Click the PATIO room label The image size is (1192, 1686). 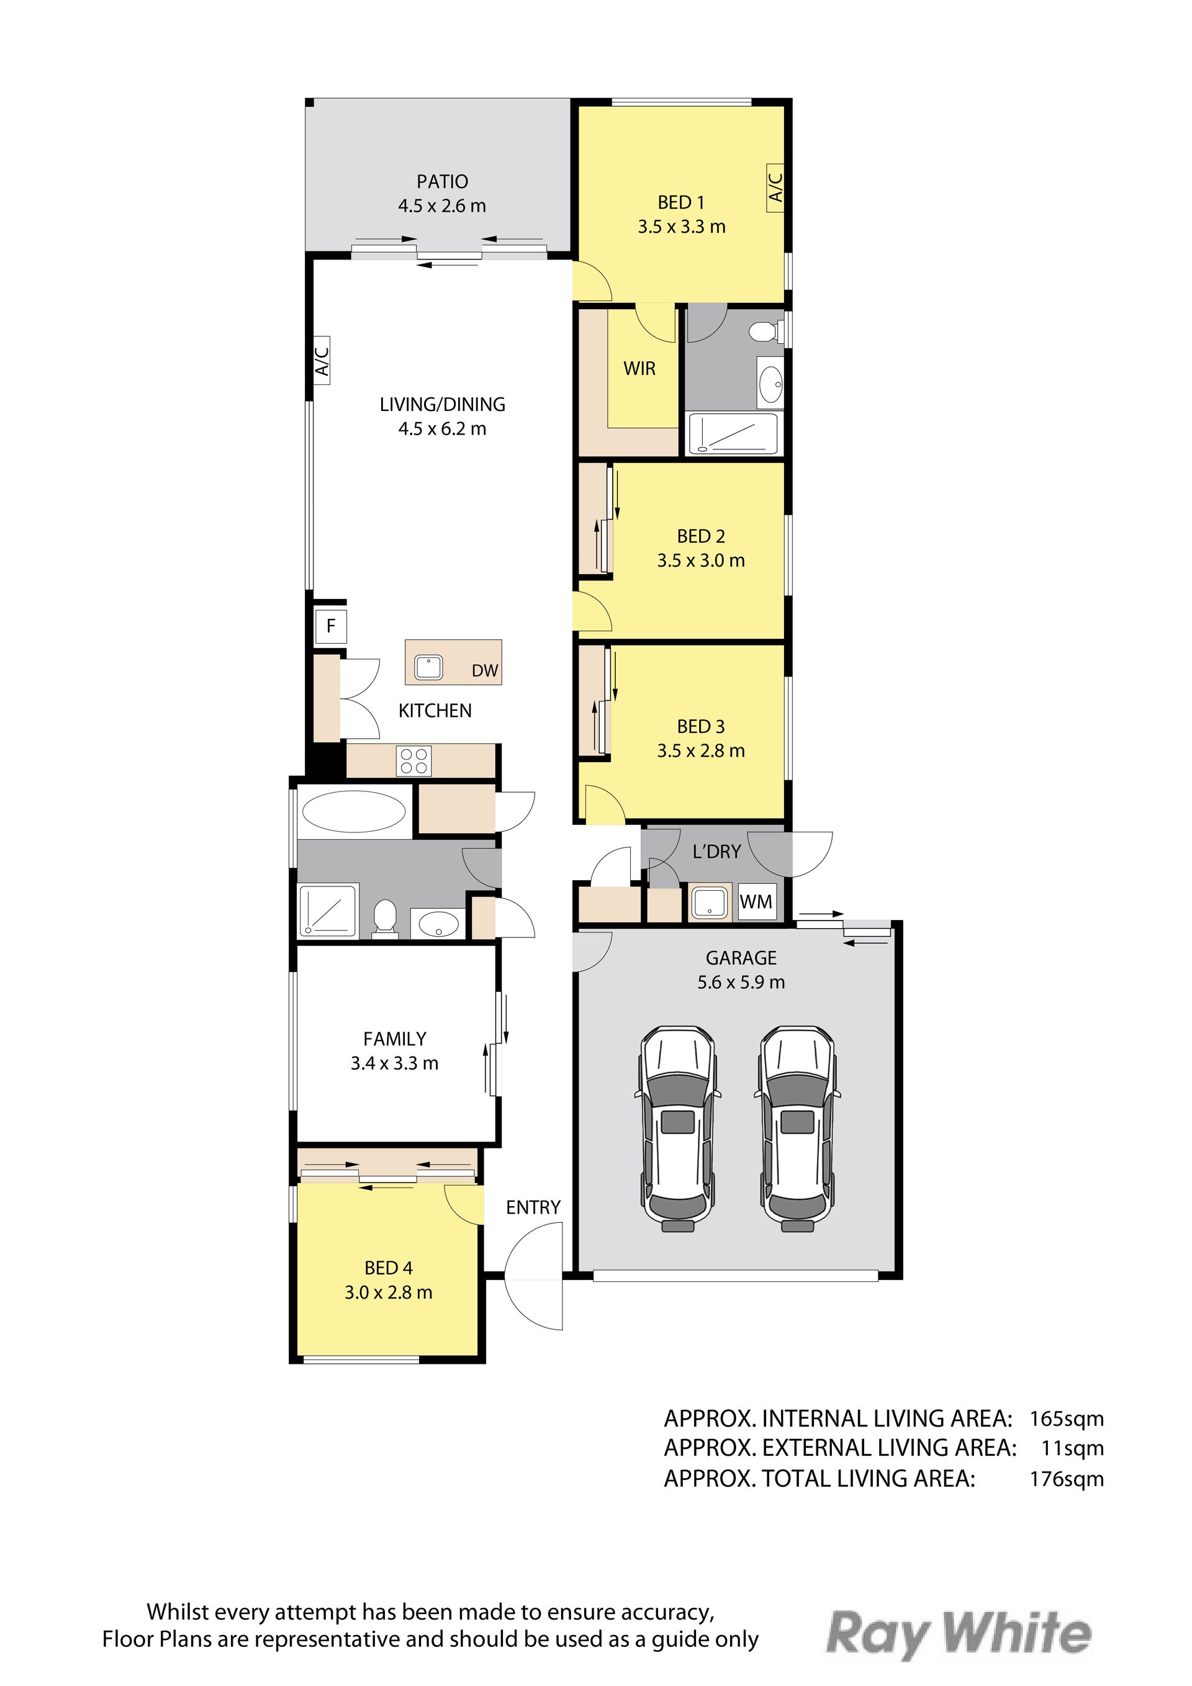click(x=442, y=181)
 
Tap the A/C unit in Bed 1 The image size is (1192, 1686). click(x=775, y=188)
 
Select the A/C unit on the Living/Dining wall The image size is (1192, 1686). click(x=322, y=361)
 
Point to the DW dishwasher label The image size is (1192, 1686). click(x=485, y=670)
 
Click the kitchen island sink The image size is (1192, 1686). click(x=428, y=667)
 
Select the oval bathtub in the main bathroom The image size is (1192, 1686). click(x=354, y=812)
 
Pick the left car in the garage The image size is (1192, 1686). click(x=678, y=1129)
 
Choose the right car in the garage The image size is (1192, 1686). click(x=797, y=1129)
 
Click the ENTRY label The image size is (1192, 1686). click(x=533, y=1207)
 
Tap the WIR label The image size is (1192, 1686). click(x=639, y=369)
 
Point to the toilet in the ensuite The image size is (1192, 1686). click(x=764, y=333)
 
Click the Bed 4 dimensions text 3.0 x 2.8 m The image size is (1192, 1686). click(x=389, y=1292)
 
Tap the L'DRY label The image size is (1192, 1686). click(x=717, y=852)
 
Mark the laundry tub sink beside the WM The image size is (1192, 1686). click(x=710, y=902)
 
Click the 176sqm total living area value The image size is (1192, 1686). click(x=1067, y=1479)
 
